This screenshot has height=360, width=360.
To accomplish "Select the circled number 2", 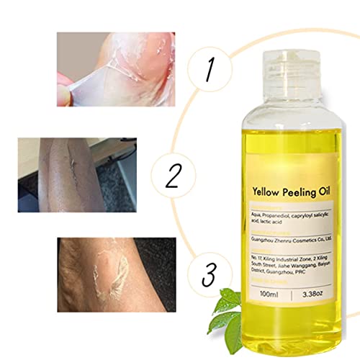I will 173,174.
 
